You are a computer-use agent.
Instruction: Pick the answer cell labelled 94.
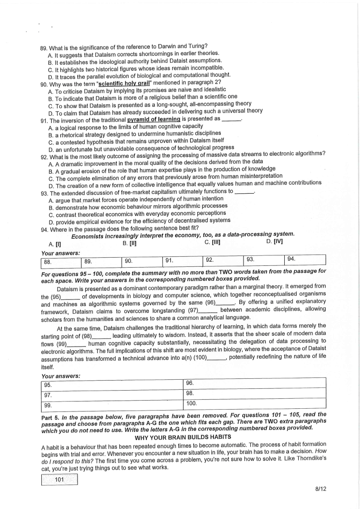tap(305, 259)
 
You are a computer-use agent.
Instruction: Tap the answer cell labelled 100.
tap(254, 403)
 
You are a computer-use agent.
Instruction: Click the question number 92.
tap(44, 155)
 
